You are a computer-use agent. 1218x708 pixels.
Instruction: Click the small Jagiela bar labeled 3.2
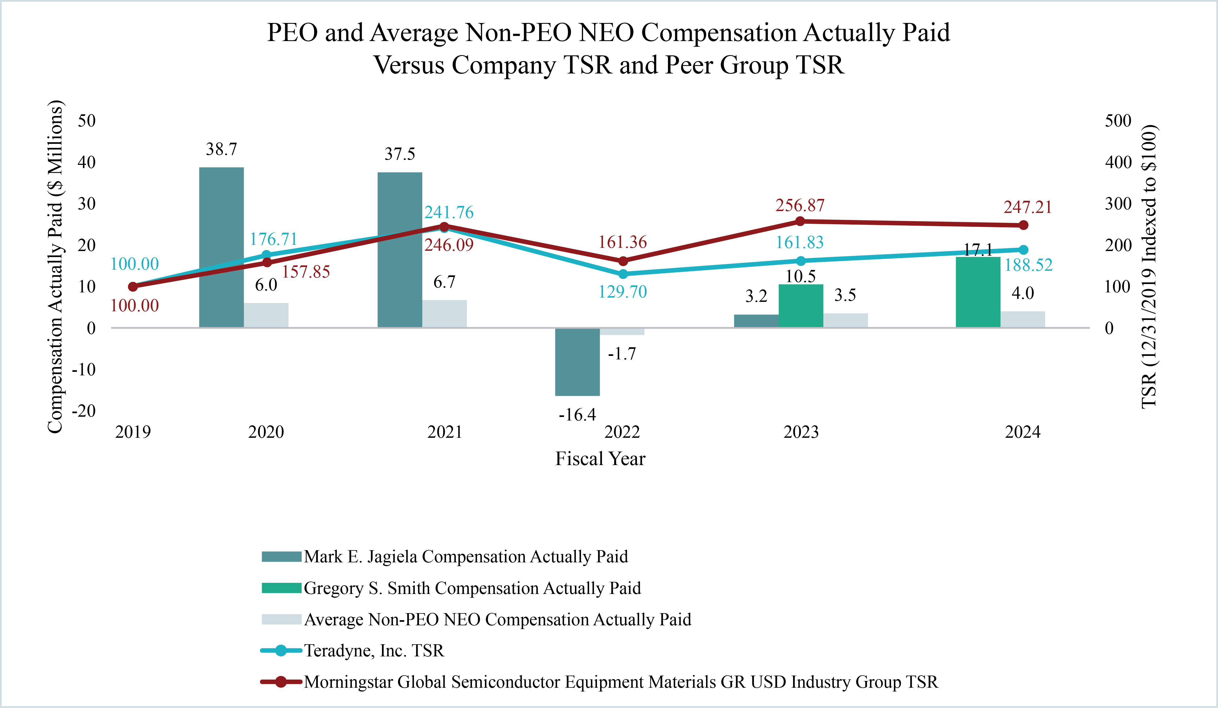(x=756, y=321)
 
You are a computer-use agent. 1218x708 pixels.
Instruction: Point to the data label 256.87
(x=800, y=205)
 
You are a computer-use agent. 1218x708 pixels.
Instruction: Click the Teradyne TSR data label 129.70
(x=623, y=292)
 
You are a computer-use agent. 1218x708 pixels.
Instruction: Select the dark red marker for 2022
(x=623, y=261)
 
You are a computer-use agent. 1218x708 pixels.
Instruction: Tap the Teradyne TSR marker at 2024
(x=1023, y=250)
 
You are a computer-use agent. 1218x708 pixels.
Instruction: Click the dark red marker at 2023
(x=800, y=221)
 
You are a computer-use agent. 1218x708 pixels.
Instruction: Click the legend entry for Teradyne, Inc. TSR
(x=374, y=650)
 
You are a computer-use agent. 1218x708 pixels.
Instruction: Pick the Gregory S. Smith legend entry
(x=472, y=588)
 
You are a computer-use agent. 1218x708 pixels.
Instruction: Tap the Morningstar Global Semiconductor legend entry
(x=621, y=682)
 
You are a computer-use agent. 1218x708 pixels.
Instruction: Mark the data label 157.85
(x=306, y=272)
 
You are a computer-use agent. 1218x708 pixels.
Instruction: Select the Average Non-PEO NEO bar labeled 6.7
(x=444, y=314)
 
